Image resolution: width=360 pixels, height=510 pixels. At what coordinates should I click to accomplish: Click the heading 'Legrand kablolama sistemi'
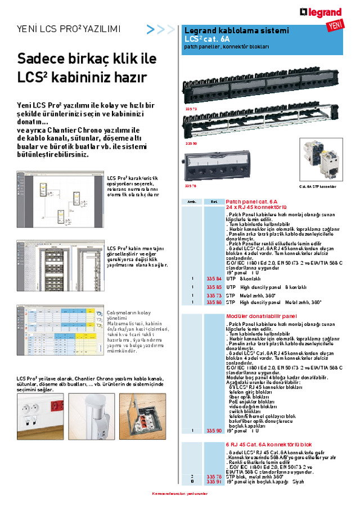point(237,30)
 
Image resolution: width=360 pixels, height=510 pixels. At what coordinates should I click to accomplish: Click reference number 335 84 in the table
point(214,279)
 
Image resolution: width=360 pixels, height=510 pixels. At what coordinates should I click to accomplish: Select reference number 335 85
point(214,287)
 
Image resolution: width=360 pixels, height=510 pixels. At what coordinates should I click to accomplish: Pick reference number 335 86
point(214,302)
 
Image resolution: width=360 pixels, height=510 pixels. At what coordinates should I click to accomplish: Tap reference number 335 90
point(214,431)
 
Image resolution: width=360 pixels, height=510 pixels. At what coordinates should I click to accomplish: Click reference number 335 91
point(214,482)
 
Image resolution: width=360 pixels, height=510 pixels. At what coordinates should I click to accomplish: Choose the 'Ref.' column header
point(214,202)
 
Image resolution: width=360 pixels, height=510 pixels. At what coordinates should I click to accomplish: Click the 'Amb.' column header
point(191,202)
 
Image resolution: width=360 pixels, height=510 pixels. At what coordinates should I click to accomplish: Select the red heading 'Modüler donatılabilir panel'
point(261,316)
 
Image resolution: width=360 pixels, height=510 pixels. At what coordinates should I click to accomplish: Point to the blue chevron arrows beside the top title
point(161,29)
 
